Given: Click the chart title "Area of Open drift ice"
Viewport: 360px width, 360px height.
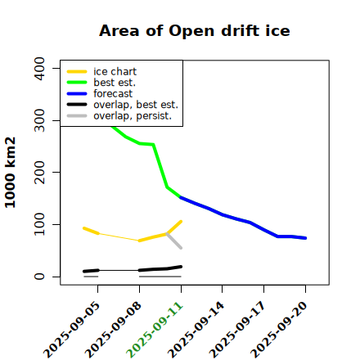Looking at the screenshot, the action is pos(195,31).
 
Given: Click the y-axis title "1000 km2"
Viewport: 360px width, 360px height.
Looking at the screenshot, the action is pos(11,173).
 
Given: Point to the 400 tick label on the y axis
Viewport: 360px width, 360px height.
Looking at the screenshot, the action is pos(39,69).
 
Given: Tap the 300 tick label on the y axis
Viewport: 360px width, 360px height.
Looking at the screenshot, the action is pos(39,120).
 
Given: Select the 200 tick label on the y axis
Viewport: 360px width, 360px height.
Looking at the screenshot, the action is pos(39,173).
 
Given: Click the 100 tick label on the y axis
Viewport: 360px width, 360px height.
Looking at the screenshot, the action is pos(39,224).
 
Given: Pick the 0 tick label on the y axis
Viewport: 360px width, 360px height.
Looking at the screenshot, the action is pos(39,277).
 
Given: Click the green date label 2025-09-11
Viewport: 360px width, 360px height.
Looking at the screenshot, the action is pos(155,330).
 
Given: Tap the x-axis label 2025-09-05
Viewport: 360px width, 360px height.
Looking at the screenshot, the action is pos(71,330).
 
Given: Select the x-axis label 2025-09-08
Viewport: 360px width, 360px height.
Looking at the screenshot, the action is pos(113,330).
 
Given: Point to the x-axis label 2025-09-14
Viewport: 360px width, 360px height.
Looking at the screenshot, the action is pos(196,330).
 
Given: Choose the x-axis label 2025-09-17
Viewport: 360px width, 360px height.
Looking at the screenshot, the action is pos(237,330).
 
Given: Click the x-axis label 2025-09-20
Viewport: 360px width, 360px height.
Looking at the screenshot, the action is pos(279,330).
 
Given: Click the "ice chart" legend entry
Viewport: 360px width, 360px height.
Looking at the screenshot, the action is pos(101,71).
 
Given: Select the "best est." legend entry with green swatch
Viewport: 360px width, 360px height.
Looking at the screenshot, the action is pos(101,83).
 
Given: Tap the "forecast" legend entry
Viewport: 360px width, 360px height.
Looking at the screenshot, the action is pos(100,93).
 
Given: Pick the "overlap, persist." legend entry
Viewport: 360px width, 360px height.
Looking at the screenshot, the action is pos(119,116).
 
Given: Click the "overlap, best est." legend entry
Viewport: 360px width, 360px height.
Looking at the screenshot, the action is pos(123,105).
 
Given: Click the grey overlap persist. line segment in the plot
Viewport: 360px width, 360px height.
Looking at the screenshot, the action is pos(173,241).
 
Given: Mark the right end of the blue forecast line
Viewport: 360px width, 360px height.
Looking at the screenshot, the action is pos(305,238).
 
